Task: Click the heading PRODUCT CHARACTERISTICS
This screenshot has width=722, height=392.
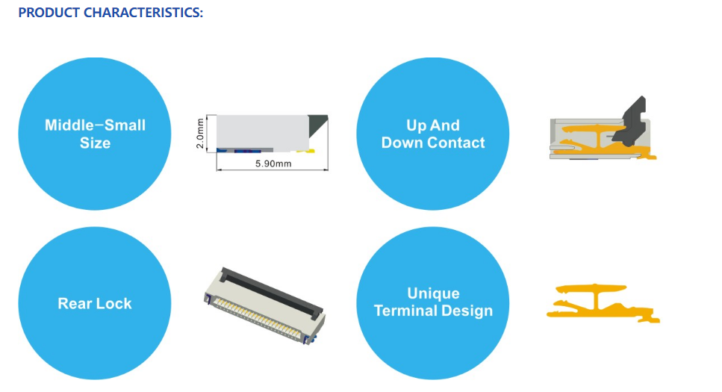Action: [111, 13]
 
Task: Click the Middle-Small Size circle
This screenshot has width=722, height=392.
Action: [95, 134]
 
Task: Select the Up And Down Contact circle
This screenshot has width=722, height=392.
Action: [433, 134]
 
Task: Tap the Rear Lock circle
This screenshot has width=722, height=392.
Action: [95, 303]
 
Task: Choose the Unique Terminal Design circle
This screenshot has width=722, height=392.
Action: [433, 303]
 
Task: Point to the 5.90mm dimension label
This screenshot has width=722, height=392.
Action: [273, 164]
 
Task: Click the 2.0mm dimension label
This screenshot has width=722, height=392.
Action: [200, 134]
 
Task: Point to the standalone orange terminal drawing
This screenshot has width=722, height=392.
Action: [603, 302]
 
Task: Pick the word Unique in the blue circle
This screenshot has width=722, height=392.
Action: [433, 293]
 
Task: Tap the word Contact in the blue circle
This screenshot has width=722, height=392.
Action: [456, 143]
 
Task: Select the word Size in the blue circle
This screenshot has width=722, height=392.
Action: [95, 143]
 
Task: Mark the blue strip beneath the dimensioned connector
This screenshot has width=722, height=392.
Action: [244, 151]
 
